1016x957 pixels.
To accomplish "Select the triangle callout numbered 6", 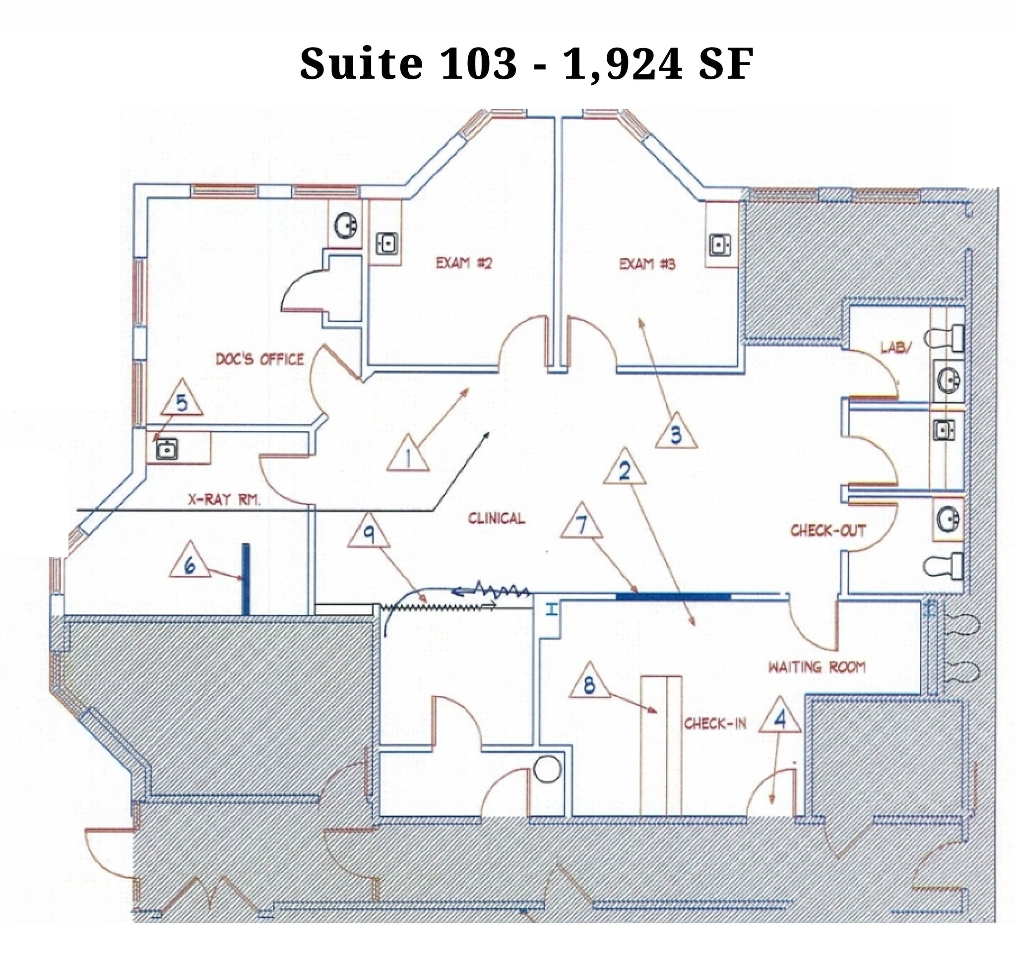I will pyautogui.click(x=190, y=564).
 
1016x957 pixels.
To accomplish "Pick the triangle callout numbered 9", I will pyautogui.click(x=369, y=535).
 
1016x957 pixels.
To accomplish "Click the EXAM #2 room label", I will pyautogui.click(x=463, y=263).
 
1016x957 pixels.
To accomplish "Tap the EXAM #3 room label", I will pyautogui.click(x=647, y=264).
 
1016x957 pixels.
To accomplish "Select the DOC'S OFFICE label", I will pyautogui.click(x=259, y=359).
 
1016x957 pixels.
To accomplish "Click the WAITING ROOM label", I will pyautogui.click(x=817, y=667).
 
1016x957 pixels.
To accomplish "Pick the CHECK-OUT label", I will pyautogui.click(x=828, y=531).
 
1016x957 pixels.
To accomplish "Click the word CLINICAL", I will pyautogui.click(x=496, y=519).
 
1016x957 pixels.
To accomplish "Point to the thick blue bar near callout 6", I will pyautogui.click(x=247, y=578).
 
